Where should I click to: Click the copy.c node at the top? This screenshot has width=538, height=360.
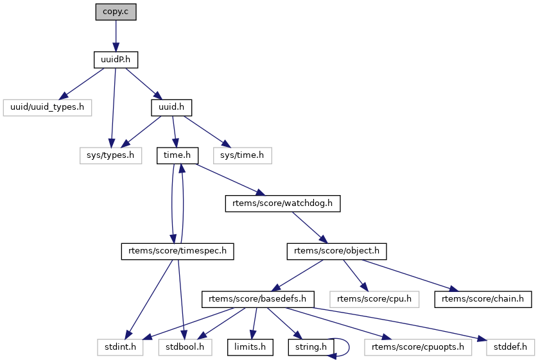[x=116, y=12]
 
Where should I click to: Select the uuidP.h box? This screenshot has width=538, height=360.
[x=116, y=60]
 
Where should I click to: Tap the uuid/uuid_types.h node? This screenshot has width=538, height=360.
[x=48, y=107]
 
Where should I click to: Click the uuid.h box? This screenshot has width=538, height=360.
[x=171, y=107]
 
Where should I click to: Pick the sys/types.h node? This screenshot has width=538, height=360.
[x=111, y=155]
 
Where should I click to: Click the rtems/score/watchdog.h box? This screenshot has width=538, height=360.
[x=282, y=203]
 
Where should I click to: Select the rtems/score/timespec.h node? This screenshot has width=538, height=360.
[x=177, y=251]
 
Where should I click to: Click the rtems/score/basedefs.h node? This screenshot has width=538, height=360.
[x=258, y=299]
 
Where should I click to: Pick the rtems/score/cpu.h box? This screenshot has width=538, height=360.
[x=374, y=299]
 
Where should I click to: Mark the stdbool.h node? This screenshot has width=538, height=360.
[x=186, y=347]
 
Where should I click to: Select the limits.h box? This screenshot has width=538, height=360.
[x=251, y=347]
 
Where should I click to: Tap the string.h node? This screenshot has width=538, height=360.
[x=311, y=347]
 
